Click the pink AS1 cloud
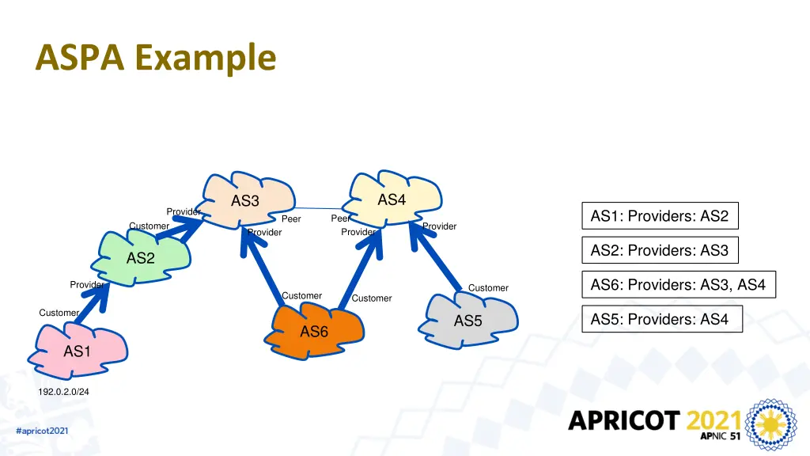click(x=78, y=351)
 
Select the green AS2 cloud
click(x=141, y=257)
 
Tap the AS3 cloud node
click(x=247, y=200)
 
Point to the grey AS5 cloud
click(x=468, y=321)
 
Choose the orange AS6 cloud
click(x=314, y=331)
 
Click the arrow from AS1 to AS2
click(x=92, y=304)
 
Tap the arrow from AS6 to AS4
click(x=360, y=270)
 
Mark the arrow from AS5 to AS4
click(x=436, y=256)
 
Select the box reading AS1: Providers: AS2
click(x=660, y=215)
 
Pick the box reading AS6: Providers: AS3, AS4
click(x=679, y=284)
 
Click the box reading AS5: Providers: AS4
click(x=662, y=319)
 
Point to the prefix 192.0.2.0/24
click(x=63, y=392)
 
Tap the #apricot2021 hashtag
click(x=42, y=431)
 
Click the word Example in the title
click(x=206, y=58)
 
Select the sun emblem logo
click(x=770, y=424)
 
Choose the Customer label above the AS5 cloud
click(x=488, y=288)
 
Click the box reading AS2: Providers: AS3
click(x=660, y=250)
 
